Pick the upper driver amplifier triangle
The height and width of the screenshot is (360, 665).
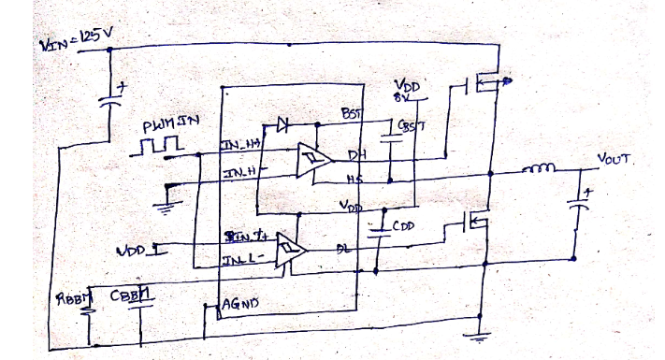[309, 160]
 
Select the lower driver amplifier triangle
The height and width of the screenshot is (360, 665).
[291, 250]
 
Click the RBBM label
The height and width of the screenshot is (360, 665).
[76, 301]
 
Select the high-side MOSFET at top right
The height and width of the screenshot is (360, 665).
[482, 87]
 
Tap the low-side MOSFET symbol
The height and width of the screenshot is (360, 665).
[477, 223]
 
